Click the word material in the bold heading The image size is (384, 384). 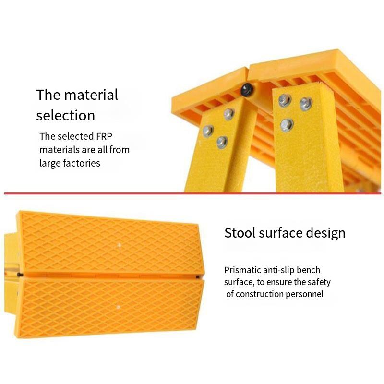pos(91,95)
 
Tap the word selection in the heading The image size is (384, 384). pos(66,115)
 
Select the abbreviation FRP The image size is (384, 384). pos(104,136)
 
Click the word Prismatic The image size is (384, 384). pos(242,270)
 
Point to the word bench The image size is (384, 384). pos(308,270)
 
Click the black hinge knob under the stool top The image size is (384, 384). pos(246,89)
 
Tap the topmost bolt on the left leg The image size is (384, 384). pos(229,114)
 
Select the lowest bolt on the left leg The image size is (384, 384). pos(222,142)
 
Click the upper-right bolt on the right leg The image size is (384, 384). pos(306,104)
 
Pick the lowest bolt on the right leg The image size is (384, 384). pos(287,125)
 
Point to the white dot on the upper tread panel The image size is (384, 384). pos(120,245)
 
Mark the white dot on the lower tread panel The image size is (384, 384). pos(118,307)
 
